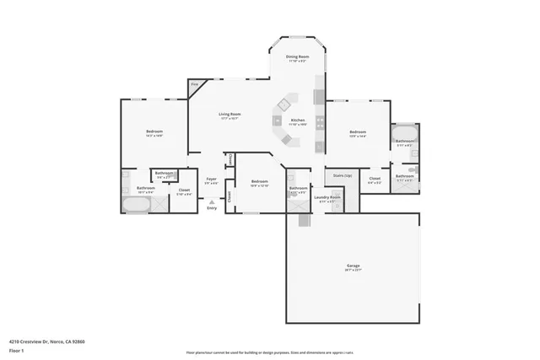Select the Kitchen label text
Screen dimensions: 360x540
click(x=298, y=121)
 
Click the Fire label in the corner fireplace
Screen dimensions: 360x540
click(x=194, y=84)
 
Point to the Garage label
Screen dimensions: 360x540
click(x=352, y=266)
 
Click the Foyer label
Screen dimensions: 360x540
click(x=211, y=179)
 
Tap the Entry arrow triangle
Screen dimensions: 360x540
click(x=211, y=201)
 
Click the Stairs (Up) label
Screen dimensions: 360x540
click(x=342, y=175)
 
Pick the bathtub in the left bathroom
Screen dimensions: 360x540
click(x=136, y=205)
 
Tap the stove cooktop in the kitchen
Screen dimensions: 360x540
click(x=320, y=121)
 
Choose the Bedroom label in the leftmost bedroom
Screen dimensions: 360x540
click(x=154, y=132)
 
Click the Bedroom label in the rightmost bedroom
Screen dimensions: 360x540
click(x=358, y=132)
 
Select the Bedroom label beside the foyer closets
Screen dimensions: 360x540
click(x=259, y=181)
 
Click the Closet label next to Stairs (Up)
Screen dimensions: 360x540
click(x=375, y=178)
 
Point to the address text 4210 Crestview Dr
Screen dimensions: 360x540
click(x=47, y=341)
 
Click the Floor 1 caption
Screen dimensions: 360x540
click(x=17, y=349)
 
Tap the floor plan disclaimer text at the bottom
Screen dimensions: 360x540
click(x=269, y=352)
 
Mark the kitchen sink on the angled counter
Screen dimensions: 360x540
click(x=284, y=105)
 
